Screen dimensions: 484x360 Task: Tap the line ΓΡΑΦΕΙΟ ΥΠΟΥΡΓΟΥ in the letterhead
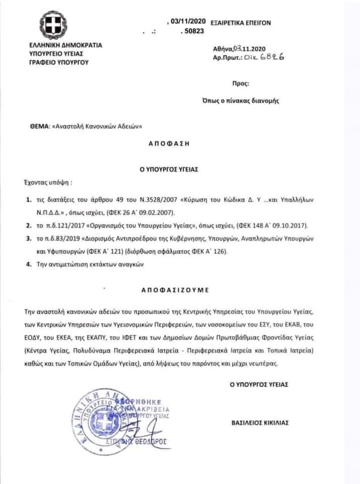[59, 62]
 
